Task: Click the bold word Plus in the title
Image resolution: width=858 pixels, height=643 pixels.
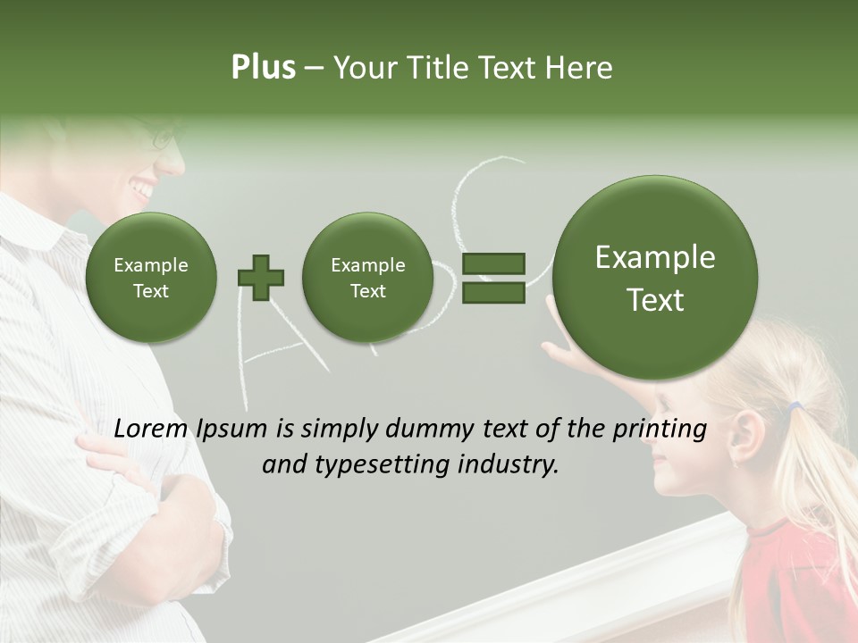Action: coord(263,68)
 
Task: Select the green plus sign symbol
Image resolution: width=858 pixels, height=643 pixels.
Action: coord(261,278)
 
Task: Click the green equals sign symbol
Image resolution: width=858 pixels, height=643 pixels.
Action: coord(492,278)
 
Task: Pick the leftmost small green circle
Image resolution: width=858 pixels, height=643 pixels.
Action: coord(150,278)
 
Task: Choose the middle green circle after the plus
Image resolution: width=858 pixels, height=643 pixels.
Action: coord(367,278)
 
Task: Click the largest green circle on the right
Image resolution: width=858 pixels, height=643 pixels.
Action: coord(655,278)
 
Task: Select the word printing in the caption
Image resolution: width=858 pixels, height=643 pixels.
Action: coord(660,430)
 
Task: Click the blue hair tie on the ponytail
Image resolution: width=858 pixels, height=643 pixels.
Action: coord(795,408)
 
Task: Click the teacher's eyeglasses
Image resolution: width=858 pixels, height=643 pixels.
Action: coord(166,137)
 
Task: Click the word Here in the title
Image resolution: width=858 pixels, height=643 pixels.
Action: coord(581,68)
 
